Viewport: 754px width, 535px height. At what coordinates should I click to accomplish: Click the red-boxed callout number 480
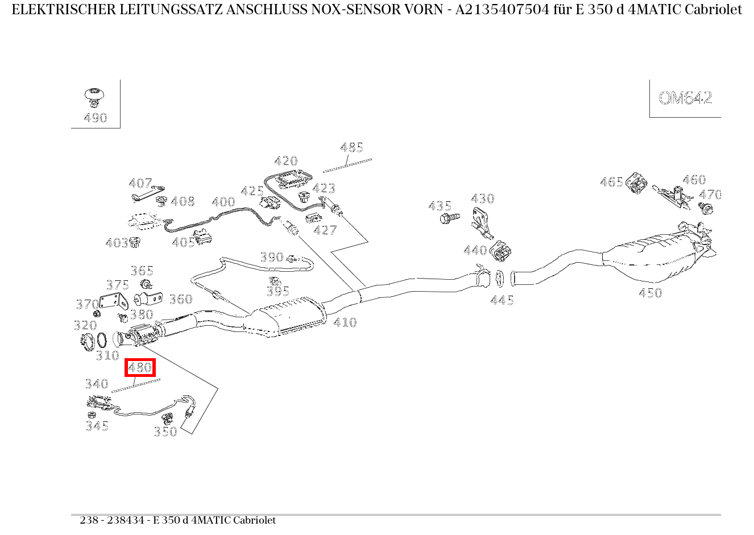click(140, 367)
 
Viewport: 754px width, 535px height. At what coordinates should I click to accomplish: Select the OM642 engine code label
click(685, 98)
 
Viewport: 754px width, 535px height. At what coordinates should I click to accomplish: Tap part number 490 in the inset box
click(96, 118)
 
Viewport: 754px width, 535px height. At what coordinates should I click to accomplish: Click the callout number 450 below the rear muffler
click(650, 293)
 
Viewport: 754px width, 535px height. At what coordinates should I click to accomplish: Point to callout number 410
click(345, 322)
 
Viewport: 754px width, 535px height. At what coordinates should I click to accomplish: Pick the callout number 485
click(351, 148)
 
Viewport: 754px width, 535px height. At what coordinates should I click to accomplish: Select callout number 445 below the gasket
click(502, 300)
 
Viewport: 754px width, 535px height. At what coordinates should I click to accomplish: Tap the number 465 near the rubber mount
click(611, 182)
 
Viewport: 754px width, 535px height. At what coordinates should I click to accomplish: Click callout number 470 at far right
click(710, 194)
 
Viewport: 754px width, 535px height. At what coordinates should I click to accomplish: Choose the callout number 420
click(285, 161)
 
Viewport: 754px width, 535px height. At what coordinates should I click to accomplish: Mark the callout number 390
click(272, 257)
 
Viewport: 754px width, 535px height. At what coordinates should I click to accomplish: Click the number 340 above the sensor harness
click(97, 384)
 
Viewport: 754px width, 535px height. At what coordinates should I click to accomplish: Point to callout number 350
click(165, 432)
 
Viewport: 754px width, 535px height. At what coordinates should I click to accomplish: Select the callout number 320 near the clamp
click(85, 325)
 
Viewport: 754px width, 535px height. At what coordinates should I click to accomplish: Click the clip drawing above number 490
click(94, 96)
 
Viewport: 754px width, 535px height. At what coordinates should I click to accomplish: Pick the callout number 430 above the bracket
click(482, 198)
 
